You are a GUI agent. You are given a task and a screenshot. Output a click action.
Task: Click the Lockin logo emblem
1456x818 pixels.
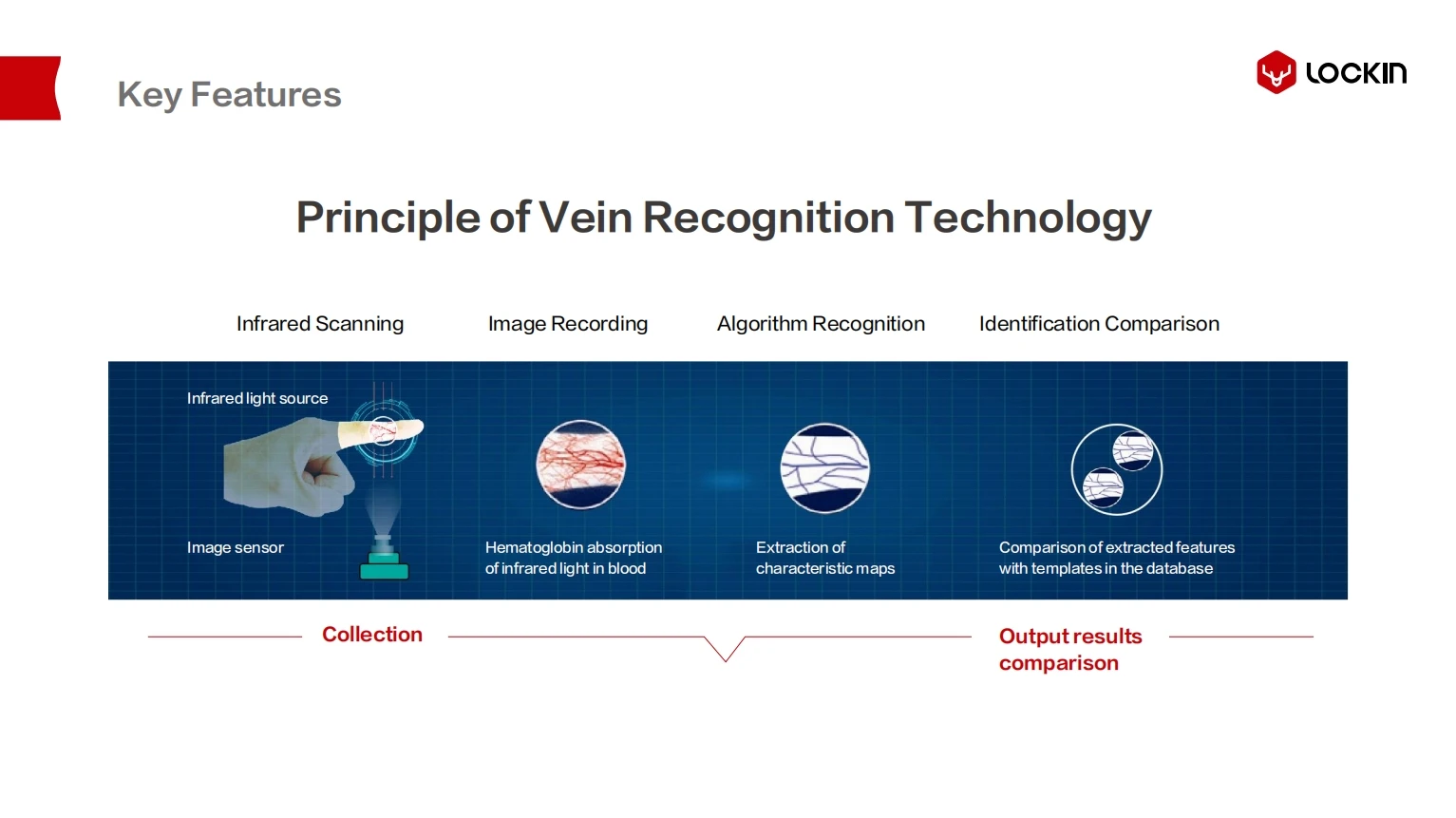(1276, 72)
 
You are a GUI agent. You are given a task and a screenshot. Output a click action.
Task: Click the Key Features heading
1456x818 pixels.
(229, 95)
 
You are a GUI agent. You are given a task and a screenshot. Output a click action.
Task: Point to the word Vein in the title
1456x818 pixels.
(585, 218)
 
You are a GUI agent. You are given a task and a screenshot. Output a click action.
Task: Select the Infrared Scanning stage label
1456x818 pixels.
(320, 324)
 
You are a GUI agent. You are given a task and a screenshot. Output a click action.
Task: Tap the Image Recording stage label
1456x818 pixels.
(568, 324)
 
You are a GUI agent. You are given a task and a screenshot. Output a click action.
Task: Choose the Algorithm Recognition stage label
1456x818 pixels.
(821, 324)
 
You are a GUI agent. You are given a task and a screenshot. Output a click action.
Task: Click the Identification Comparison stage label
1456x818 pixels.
(1099, 324)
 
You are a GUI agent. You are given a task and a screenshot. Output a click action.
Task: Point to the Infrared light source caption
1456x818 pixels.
(257, 398)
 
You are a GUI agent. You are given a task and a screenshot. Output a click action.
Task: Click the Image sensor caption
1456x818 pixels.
(236, 547)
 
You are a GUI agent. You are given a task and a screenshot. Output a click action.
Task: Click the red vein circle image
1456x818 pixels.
(580, 465)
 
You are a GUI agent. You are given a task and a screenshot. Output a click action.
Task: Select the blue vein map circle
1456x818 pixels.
(824, 467)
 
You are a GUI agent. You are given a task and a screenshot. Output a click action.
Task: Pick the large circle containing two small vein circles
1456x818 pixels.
(1116, 469)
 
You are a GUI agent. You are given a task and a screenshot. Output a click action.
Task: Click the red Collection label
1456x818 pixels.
(372, 635)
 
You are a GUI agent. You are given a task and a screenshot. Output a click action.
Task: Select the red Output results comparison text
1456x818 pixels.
(1069, 650)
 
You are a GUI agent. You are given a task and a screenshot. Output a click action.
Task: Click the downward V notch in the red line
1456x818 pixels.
(725, 654)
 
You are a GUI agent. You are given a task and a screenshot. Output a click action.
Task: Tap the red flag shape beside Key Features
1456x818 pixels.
(29, 88)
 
